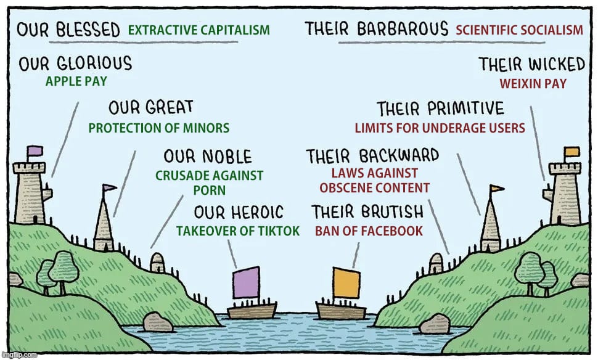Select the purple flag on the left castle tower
(35, 150)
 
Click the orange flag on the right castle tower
(571, 152)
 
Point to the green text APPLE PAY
(76, 81)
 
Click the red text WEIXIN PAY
(533, 84)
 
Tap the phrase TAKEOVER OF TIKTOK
(238, 231)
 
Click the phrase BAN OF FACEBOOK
(369, 231)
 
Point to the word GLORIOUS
(93, 63)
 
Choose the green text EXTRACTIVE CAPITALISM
(199, 30)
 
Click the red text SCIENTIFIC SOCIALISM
(519, 30)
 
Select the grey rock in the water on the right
(435, 323)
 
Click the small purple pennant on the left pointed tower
(110, 188)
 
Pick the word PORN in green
(210, 190)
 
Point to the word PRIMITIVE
(464, 110)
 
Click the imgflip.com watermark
(19, 356)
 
